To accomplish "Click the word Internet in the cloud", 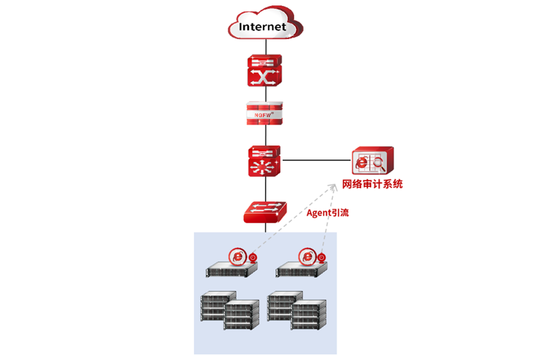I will pos(262,26).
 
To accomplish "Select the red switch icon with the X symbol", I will pos(265,70).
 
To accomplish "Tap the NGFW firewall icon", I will pos(265,113).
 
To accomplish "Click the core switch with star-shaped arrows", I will pos(265,161).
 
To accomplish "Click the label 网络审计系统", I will pos(372,184).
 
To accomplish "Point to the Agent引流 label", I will pos(328,213).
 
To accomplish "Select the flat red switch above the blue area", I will pos(265,212).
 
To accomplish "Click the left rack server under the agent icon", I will pos(232,271).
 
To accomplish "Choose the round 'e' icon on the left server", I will pos(238,256).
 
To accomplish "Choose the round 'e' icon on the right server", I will pos(307,256).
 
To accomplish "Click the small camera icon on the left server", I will pos(253,258).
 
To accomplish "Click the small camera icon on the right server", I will pos(323,258).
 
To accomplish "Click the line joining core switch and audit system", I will pos(316,160).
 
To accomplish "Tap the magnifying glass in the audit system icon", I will pos(379,163).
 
